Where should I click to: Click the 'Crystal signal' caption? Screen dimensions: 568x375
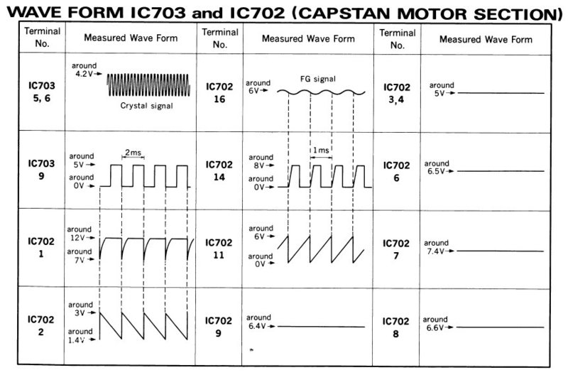(x=146, y=106)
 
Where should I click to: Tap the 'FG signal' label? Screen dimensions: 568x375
(x=317, y=79)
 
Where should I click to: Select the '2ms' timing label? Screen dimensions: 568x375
(x=133, y=153)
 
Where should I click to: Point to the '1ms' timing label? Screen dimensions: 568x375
(x=321, y=150)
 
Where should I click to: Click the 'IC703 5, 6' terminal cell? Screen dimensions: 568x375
(x=42, y=92)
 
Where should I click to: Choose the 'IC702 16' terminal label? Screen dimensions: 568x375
(x=219, y=93)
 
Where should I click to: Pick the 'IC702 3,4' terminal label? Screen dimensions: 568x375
(x=397, y=94)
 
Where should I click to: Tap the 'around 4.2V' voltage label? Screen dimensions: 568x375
(x=84, y=70)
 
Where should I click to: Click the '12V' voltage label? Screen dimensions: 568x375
(x=77, y=238)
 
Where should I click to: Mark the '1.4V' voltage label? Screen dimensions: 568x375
(x=76, y=340)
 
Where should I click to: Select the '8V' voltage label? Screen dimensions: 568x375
(x=258, y=165)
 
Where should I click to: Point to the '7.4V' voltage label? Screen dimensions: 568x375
(x=435, y=251)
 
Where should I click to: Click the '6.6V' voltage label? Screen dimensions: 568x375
(x=435, y=327)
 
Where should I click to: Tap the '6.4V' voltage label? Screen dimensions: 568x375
(x=257, y=326)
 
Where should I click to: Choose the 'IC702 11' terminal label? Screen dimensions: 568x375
(x=219, y=249)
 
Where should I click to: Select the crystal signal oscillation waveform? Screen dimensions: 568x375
(x=148, y=85)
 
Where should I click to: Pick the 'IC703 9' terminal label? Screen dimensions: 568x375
(x=41, y=170)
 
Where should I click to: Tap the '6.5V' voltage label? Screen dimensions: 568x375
(x=436, y=171)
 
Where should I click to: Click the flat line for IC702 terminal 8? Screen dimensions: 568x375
(x=501, y=327)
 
